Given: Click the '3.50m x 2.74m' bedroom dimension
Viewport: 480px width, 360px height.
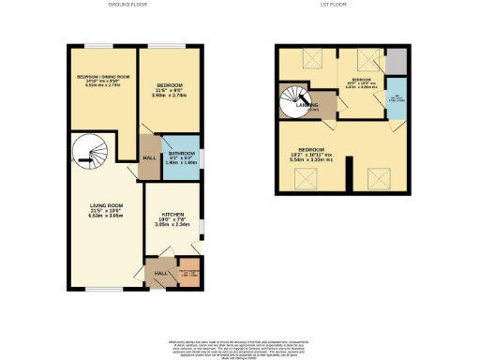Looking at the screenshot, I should click(172, 94).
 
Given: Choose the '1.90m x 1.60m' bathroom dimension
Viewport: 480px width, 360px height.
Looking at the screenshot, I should click(184, 166).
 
